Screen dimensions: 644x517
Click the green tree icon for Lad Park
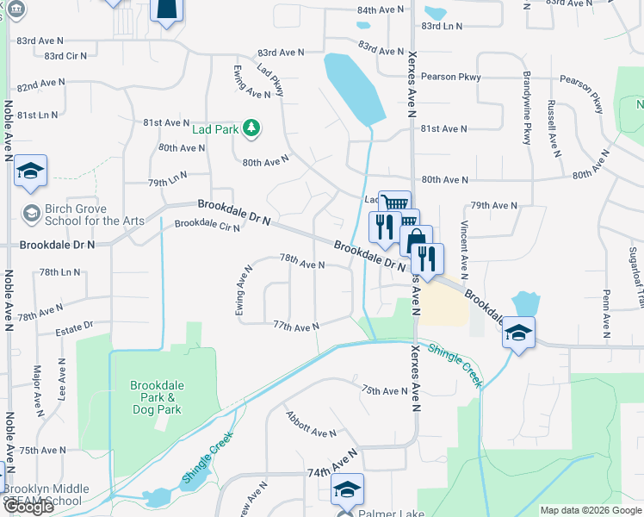tap(251, 128)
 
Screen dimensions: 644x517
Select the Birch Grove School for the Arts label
tap(77, 215)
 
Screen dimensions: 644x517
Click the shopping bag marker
tap(416, 241)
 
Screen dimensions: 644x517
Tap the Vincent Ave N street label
tap(464, 249)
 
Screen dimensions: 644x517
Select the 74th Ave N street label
tap(331, 464)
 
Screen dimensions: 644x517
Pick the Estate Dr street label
tap(74, 328)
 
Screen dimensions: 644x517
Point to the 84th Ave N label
tap(380, 9)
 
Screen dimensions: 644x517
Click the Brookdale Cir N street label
tap(207, 226)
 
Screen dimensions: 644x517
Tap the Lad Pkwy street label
tap(270, 79)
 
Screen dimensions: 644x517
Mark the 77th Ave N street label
tap(295, 326)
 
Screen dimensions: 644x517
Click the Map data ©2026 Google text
tap(591, 510)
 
